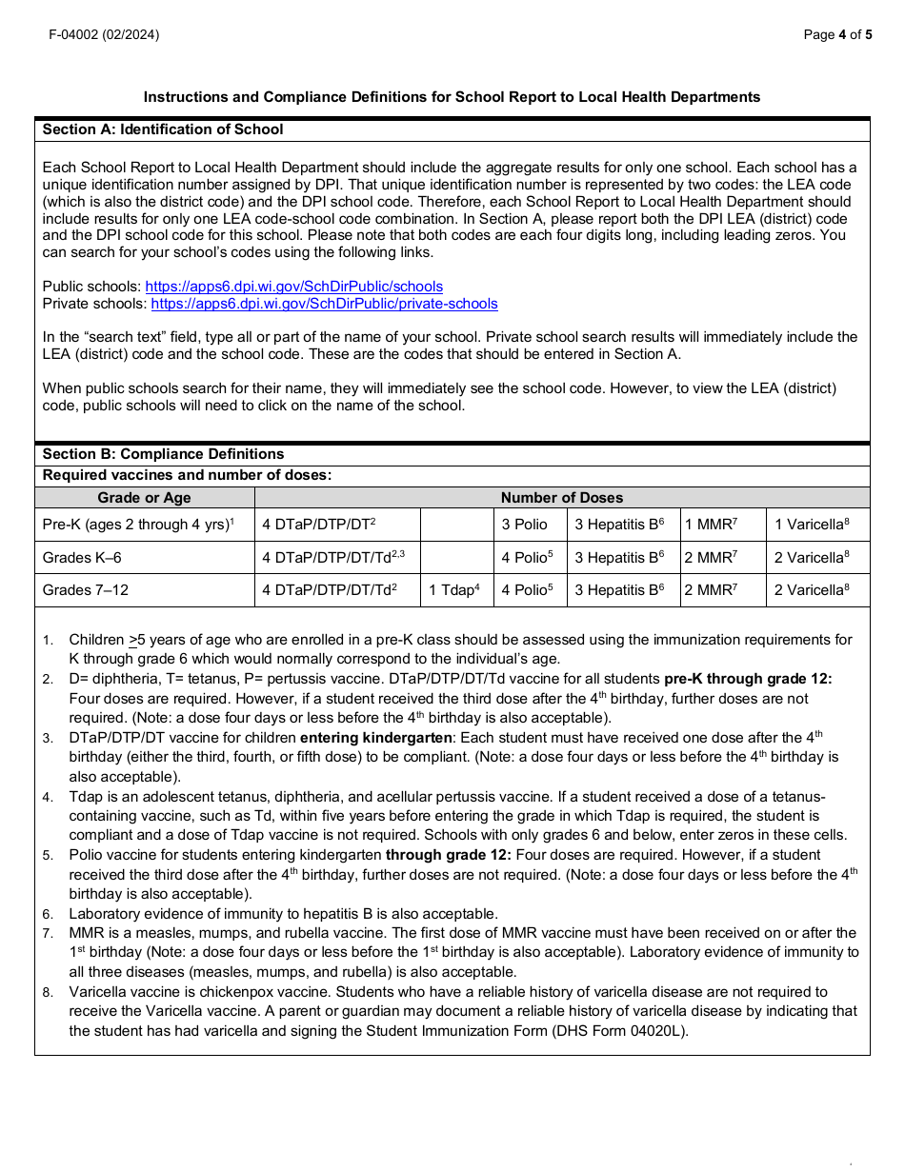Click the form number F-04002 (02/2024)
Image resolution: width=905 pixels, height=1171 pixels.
105,35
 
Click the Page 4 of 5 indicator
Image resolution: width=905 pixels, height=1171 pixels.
837,35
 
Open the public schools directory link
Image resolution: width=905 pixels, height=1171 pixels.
293,287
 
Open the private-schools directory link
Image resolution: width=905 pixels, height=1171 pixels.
324,304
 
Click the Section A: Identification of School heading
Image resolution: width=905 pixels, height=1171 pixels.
163,129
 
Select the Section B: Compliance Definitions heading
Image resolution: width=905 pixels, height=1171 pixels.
163,454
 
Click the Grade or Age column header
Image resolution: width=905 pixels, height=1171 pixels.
144,498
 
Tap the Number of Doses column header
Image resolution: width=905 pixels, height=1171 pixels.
561,498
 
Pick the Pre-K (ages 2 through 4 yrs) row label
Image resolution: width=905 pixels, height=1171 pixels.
138,525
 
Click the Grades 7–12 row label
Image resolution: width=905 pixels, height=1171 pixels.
85,590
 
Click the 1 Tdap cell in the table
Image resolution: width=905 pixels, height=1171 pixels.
454,590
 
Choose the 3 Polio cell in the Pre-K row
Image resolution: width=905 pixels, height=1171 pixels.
525,525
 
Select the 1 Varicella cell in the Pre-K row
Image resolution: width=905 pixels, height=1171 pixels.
811,525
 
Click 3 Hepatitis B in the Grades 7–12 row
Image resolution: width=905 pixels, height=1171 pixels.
619,590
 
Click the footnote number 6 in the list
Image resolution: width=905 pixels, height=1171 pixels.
47,915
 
